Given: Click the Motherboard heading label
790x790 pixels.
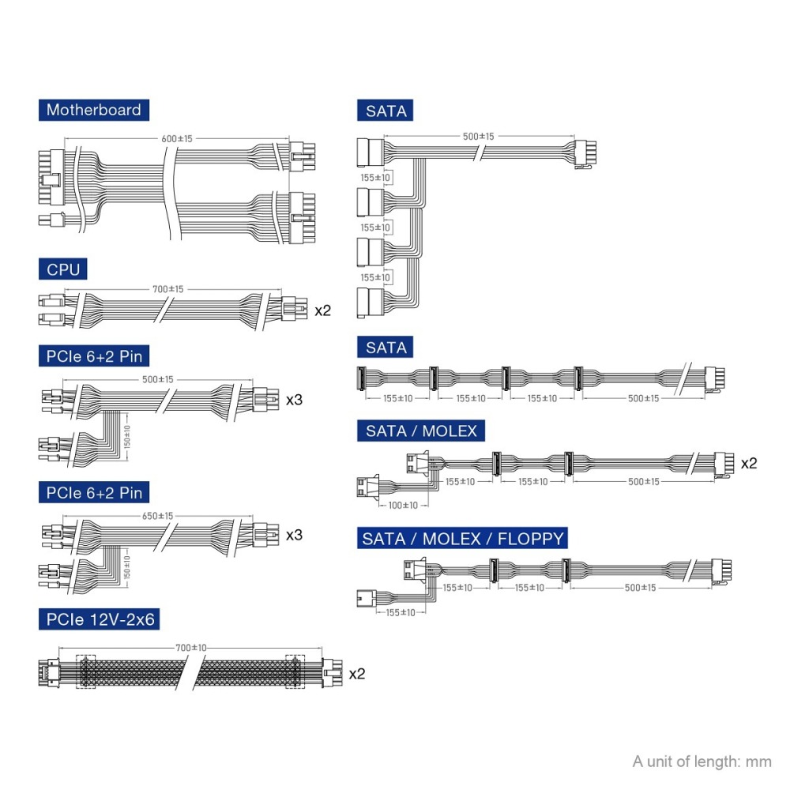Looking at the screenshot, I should point(93,110).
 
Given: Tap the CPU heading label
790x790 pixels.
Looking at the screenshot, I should point(63,270).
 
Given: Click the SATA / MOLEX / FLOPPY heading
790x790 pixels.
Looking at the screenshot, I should point(464,539).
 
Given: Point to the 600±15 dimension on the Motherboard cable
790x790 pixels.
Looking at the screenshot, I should point(177,139).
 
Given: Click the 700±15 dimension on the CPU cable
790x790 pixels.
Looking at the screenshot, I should point(167,289).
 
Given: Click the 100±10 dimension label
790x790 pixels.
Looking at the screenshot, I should point(403,505).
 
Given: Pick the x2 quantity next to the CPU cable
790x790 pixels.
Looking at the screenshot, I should point(323,310).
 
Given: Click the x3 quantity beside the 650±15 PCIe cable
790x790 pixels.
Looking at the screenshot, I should point(294,535).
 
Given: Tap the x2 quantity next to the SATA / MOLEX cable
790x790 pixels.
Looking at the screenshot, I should point(748,463).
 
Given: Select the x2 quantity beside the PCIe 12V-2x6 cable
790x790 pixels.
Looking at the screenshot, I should point(357,673).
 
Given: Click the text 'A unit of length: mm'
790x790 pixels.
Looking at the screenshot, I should point(702,762).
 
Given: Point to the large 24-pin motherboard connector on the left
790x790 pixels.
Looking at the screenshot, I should point(49,175).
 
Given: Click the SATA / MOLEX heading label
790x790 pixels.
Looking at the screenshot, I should point(421,431).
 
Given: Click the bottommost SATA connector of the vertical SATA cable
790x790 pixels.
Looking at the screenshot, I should point(369,303).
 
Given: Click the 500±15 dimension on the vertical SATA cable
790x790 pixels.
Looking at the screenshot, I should point(478,137).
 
